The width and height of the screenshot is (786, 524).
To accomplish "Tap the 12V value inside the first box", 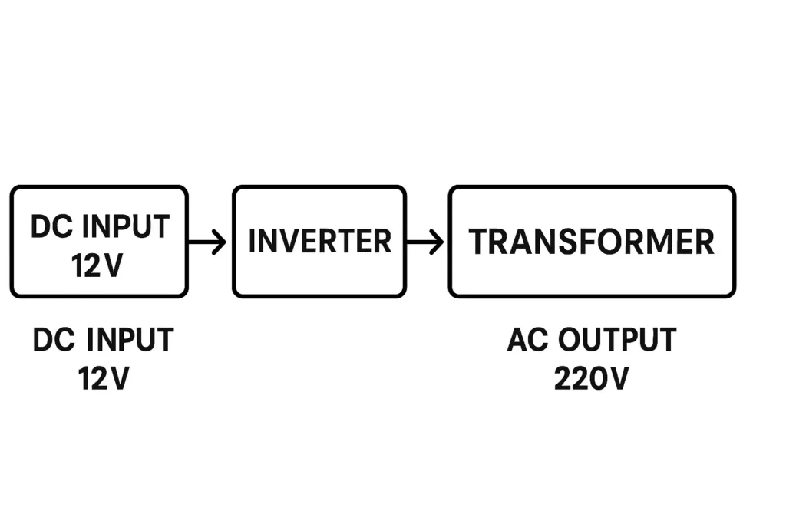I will pos(97,266).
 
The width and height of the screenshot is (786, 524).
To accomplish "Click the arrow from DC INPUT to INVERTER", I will pos(207,242).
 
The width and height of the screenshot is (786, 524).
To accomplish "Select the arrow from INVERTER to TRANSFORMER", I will pos(424,242).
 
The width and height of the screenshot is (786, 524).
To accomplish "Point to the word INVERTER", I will pos(319,242).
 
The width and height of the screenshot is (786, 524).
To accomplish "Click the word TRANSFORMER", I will pos(591,242).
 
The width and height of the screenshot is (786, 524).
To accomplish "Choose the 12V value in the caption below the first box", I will pos(104,379).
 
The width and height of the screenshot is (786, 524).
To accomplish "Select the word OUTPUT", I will pos(618,340).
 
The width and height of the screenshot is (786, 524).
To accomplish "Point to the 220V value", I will pos(591,379).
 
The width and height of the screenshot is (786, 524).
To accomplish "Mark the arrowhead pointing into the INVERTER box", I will pos(220,242).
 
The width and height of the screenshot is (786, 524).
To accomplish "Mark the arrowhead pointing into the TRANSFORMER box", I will pos(438,242).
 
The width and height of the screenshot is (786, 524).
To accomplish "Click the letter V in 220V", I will pos(617,379).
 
